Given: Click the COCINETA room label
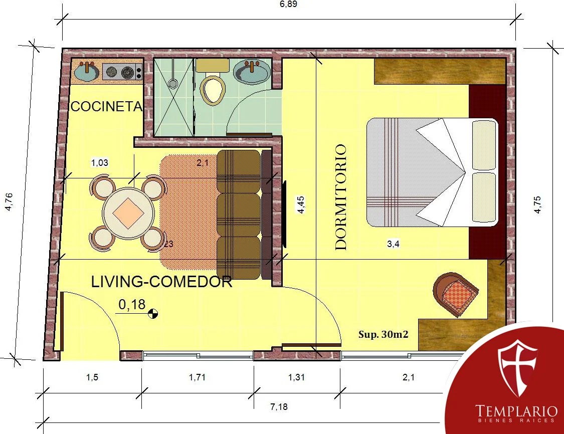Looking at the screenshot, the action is pyautogui.click(x=107, y=106).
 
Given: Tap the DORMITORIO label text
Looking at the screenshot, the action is pyautogui.click(x=340, y=197).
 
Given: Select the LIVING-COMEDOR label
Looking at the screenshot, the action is pyautogui.click(x=161, y=282).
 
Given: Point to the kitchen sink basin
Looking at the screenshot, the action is pyautogui.click(x=87, y=71).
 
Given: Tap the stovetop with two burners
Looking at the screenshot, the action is pyautogui.click(x=123, y=72).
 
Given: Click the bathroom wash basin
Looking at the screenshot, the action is pyautogui.click(x=251, y=72).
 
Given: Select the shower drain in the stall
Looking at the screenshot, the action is pyautogui.click(x=173, y=84).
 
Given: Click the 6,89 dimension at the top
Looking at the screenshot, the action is pyautogui.click(x=288, y=5).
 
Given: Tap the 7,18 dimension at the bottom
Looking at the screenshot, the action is pyautogui.click(x=279, y=406).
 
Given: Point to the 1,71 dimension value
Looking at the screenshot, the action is pyautogui.click(x=197, y=377).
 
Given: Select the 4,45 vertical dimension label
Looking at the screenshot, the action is pyautogui.click(x=301, y=204).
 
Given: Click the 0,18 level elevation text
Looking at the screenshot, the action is pyautogui.click(x=132, y=305).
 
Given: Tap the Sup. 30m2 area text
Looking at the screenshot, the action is pyautogui.click(x=384, y=334).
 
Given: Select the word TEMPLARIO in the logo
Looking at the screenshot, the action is pyautogui.click(x=516, y=410).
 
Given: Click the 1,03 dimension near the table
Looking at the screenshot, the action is pyautogui.click(x=100, y=162).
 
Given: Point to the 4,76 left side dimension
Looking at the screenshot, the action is pyautogui.click(x=9, y=202).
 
